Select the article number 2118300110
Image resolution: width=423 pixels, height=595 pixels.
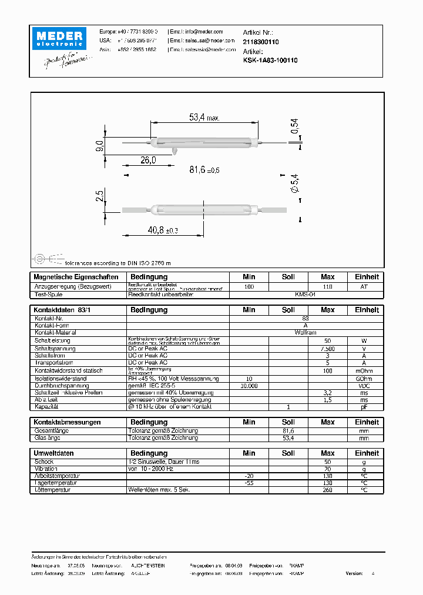tap(261, 42)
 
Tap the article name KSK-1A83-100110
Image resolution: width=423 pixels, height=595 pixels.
tap(270, 60)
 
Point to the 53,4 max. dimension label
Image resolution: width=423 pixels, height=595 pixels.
tap(204, 118)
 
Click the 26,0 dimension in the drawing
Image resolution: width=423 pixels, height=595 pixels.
tap(148, 160)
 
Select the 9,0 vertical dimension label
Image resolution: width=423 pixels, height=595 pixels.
tap(99, 146)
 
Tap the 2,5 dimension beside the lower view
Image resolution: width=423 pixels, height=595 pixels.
tap(99, 196)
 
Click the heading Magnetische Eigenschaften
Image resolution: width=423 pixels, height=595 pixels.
tap(76, 277)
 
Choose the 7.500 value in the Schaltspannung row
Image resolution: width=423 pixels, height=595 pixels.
tap(328, 349)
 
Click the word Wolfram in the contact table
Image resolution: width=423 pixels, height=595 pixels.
tap(288, 332)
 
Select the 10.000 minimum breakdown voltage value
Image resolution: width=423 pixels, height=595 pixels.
tap(249, 386)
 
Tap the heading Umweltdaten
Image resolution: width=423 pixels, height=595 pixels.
tap(54, 453)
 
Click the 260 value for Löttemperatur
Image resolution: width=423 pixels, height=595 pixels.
tap(328, 490)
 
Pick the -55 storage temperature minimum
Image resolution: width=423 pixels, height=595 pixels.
tap(249, 483)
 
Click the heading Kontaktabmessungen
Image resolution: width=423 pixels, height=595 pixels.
tap(68, 422)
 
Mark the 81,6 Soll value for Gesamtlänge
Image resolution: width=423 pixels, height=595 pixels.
tap(288, 431)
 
